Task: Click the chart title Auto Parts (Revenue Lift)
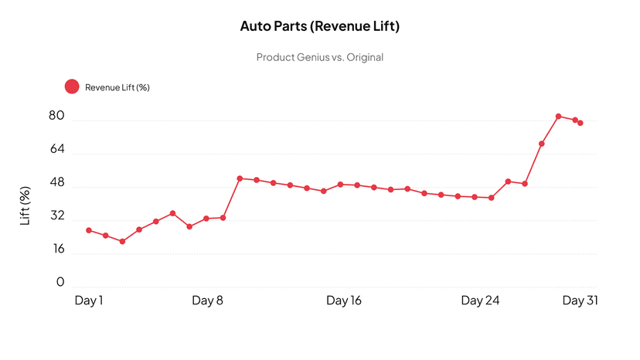(x=320, y=26)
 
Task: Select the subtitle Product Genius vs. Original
(x=320, y=57)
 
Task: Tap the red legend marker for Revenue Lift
(x=72, y=87)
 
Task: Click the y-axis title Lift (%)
(x=26, y=206)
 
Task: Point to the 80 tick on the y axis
(x=56, y=117)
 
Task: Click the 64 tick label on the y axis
(x=56, y=151)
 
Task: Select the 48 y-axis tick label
(x=56, y=184)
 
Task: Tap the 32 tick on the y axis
(x=56, y=218)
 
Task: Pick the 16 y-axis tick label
(x=58, y=250)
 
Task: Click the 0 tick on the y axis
(x=60, y=283)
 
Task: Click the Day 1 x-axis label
(x=89, y=301)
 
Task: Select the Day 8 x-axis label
(x=207, y=301)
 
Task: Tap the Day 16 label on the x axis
(x=344, y=301)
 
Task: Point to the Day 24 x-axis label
(x=480, y=301)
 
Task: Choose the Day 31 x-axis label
(x=580, y=301)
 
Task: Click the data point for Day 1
(x=89, y=230)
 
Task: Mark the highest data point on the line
(x=558, y=117)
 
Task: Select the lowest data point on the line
(x=122, y=242)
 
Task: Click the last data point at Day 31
(x=580, y=123)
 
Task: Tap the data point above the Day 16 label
(x=340, y=185)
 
